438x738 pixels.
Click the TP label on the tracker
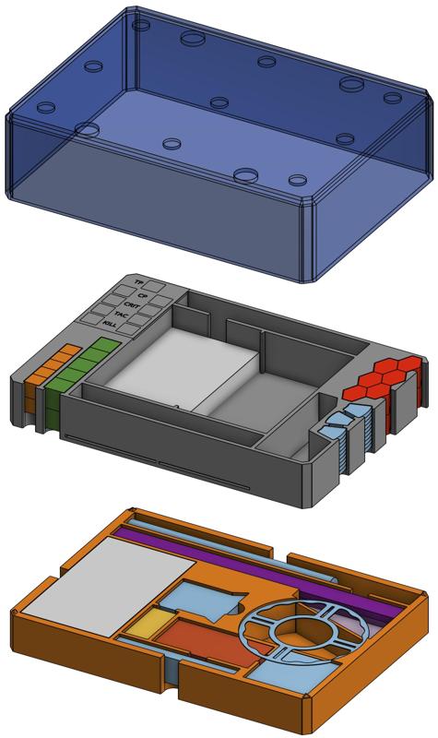pyautogui.click(x=139, y=280)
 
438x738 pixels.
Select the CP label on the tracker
pyautogui.click(x=143, y=294)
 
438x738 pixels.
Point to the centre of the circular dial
pyautogui.click(x=302, y=633)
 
